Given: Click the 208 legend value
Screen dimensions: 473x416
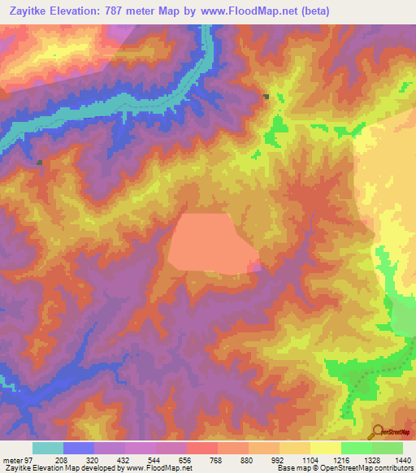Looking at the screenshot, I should (62, 459).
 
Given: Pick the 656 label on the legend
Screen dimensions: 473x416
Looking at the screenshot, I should (186, 459).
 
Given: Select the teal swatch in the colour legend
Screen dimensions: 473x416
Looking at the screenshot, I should (48, 448).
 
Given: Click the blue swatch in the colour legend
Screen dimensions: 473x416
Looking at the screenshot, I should (79, 448).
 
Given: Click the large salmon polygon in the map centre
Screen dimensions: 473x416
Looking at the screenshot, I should (210, 241).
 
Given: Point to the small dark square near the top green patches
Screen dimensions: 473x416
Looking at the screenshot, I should (266, 97).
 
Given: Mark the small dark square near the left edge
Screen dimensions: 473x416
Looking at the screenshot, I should (38, 162).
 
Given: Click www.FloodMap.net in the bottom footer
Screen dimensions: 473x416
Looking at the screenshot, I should (154, 468).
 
